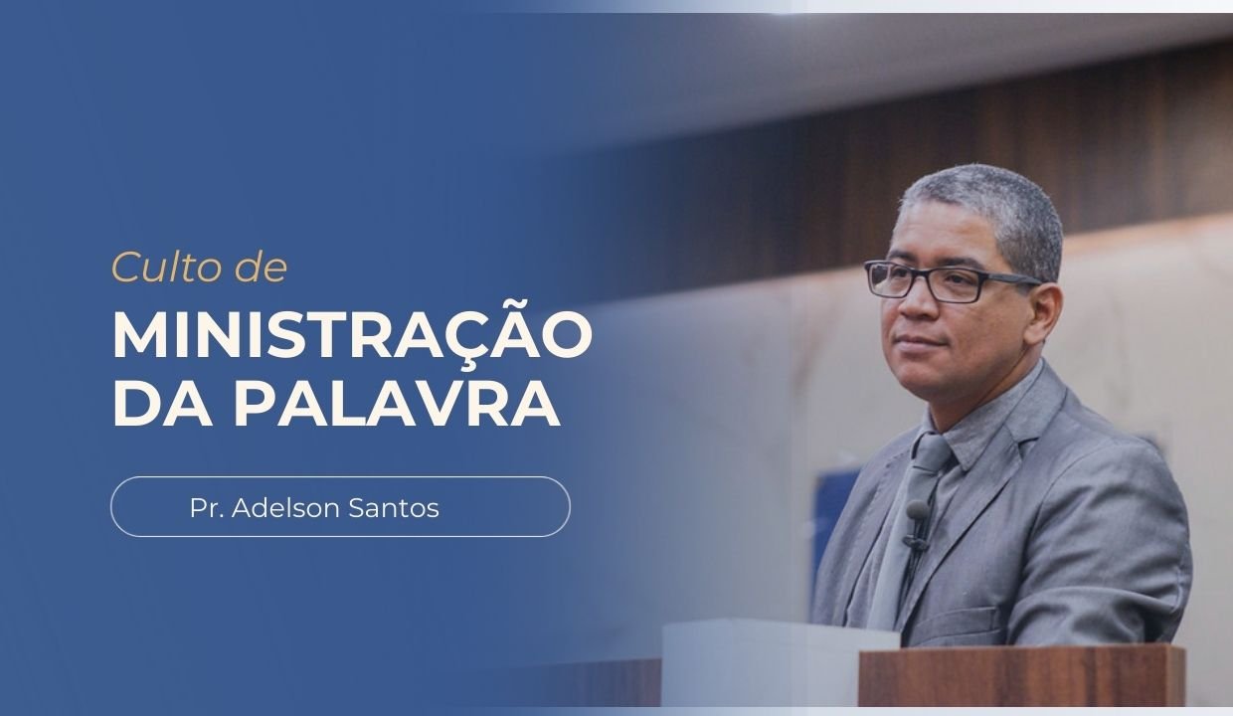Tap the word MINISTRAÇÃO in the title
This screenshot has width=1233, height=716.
[x=352, y=336]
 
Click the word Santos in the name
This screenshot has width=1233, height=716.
[x=396, y=508]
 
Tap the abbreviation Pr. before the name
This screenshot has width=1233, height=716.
[x=207, y=508]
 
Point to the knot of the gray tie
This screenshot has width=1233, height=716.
[x=930, y=454]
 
